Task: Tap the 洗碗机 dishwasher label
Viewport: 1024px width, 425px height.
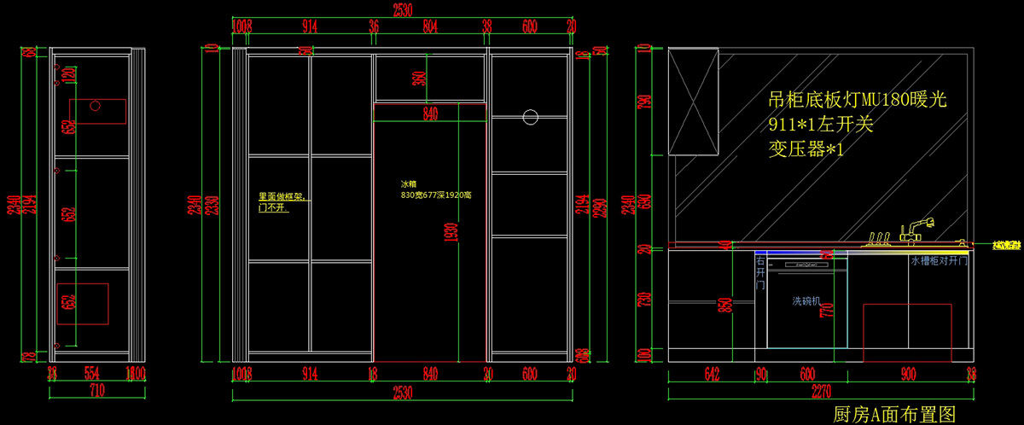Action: [806, 301]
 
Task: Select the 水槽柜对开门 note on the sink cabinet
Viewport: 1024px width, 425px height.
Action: [940, 261]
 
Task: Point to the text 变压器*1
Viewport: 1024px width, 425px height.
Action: [806, 148]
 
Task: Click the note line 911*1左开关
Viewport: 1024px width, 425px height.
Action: [820, 125]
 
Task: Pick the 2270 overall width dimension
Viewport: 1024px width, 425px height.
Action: [818, 393]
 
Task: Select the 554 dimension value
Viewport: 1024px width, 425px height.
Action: [93, 373]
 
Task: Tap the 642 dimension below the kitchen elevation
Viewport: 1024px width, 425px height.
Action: [713, 373]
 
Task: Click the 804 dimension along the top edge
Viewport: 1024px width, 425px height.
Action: [430, 26]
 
